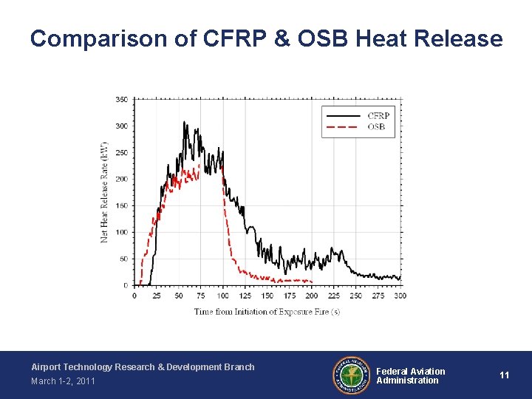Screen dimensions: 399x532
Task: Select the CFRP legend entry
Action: (x=378, y=116)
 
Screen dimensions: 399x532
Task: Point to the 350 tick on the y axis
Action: (x=121, y=99)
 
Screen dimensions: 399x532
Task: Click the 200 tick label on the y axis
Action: (x=121, y=179)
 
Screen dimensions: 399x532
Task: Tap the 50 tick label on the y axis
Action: (x=123, y=259)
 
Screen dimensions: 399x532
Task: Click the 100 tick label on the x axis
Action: (x=222, y=296)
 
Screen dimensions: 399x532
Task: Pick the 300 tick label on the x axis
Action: (x=400, y=296)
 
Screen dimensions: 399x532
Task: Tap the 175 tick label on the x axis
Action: (x=290, y=296)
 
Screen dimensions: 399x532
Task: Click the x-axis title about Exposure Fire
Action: (x=267, y=311)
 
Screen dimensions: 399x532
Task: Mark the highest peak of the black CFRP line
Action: (x=185, y=122)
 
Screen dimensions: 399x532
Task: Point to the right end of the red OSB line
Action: (x=312, y=282)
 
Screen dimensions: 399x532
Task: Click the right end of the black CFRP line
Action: (x=400, y=278)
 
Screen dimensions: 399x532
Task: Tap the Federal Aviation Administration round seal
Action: (x=350, y=375)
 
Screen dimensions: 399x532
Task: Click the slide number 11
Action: (x=504, y=375)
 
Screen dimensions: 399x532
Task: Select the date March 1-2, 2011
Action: (x=63, y=381)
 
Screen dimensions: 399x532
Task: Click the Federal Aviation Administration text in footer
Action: (x=410, y=376)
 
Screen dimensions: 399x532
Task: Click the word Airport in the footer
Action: (x=46, y=367)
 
